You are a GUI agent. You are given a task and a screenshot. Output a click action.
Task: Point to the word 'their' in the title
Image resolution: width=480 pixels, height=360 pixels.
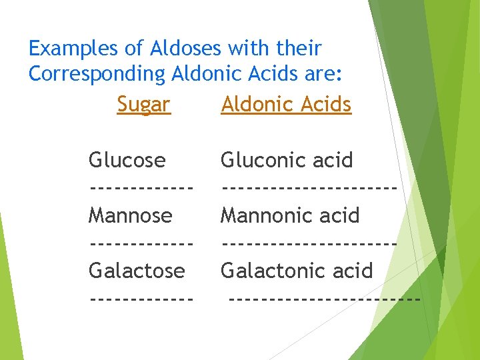(297, 49)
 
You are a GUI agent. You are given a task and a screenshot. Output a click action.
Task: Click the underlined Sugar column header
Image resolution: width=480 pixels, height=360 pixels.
(143, 104)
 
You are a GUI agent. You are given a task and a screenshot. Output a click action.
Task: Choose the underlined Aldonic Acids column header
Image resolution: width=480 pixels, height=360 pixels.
(286, 104)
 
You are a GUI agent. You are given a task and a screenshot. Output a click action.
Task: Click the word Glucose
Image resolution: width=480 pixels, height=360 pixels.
(127, 160)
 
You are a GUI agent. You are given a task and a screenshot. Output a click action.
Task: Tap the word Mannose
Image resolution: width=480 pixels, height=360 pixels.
(131, 215)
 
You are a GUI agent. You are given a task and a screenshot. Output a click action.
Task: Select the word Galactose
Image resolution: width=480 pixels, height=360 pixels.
(137, 271)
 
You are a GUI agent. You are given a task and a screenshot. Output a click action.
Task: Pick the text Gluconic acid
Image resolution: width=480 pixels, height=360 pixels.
(287, 160)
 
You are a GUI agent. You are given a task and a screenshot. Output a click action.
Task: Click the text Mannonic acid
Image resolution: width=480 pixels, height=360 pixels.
(290, 215)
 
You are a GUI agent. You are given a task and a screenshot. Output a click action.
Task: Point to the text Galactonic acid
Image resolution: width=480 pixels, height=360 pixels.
(297, 271)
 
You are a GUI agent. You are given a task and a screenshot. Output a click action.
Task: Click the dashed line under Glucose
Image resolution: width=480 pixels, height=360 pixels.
(141, 187)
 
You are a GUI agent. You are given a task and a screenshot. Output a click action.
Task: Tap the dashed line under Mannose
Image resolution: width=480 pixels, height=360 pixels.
(141, 243)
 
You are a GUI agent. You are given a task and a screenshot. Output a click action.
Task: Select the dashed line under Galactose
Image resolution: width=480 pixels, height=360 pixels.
(141, 298)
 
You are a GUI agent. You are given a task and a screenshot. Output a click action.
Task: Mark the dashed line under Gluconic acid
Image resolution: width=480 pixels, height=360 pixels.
(309, 187)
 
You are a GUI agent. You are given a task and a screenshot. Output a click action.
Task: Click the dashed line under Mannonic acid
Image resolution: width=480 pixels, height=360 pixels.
(309, 243)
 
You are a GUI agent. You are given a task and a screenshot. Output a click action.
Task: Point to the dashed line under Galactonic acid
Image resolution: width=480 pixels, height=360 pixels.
(324, 298)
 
